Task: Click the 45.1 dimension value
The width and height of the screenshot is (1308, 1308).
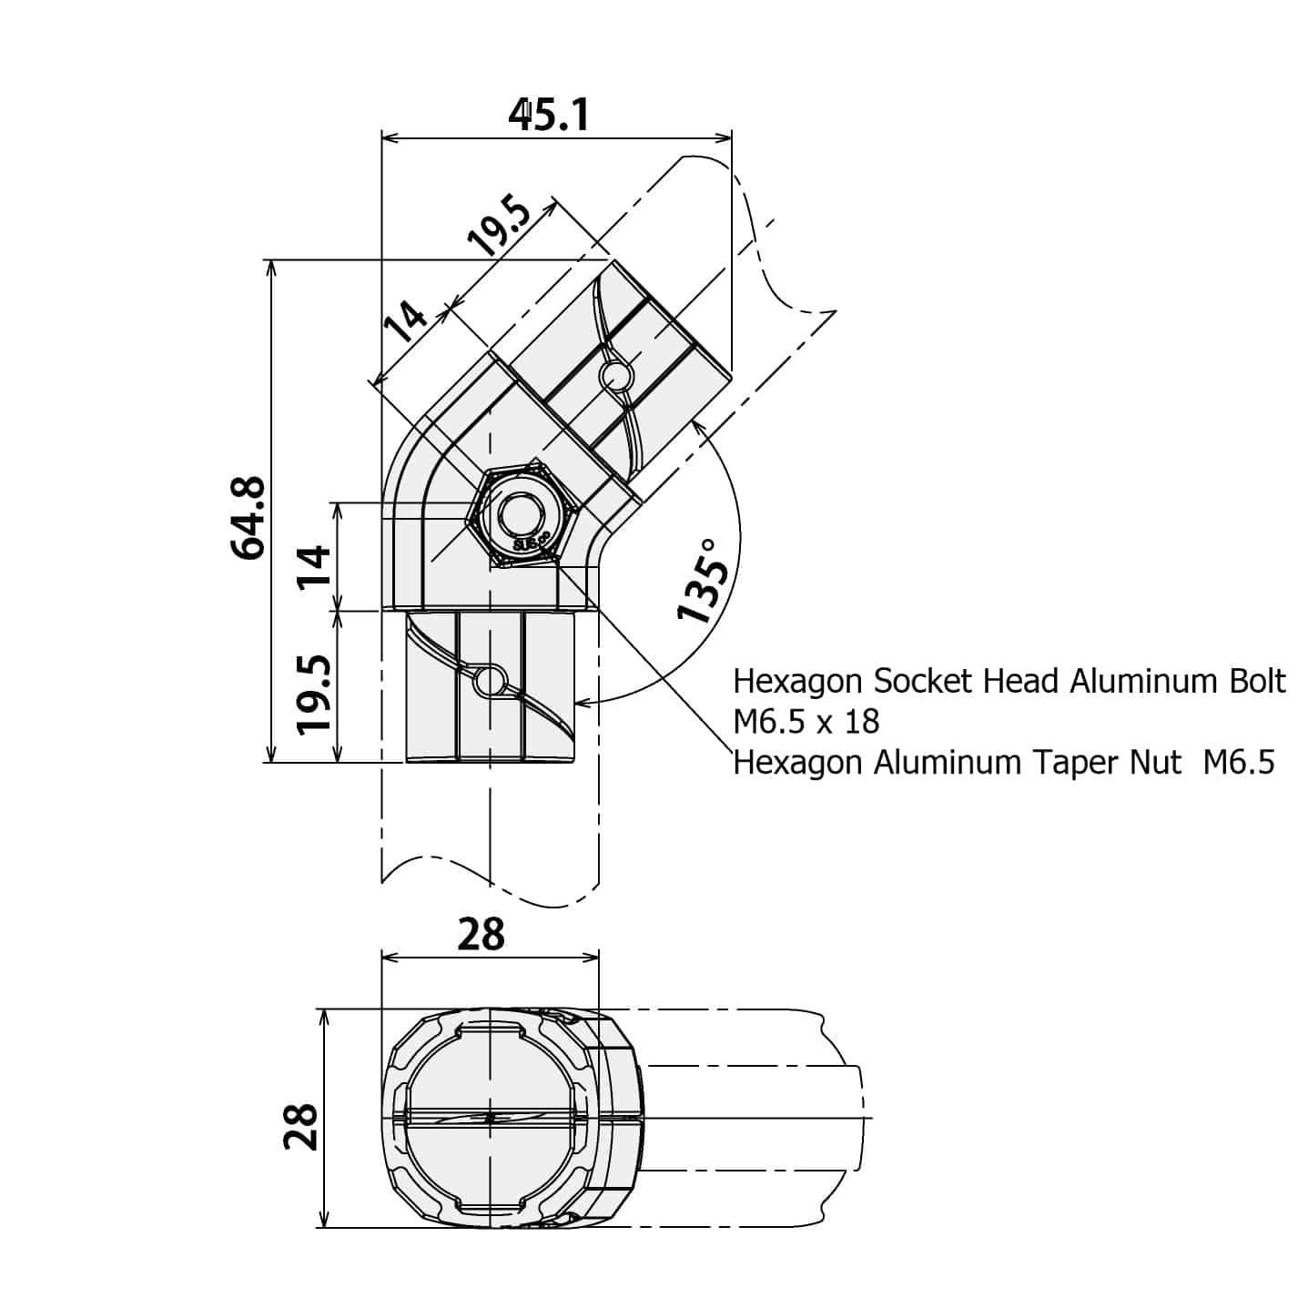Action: click(x=549, y=115)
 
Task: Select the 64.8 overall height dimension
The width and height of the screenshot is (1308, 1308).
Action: click(x=248, y=516)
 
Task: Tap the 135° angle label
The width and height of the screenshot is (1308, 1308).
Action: click(x=705, y=580)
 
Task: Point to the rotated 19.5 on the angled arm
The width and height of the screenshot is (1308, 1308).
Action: click(x=498, y=226)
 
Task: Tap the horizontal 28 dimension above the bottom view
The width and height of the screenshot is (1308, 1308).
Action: click(x=481, y=934)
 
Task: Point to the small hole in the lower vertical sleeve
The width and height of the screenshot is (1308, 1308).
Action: click(x=490, y=680)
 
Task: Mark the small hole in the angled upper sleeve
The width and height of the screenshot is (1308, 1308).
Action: click(x=615, y=375)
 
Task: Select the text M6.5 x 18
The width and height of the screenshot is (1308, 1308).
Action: click(x=806, y=722)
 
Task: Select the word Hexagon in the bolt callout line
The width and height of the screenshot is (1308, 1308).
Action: click(x=798, y=681)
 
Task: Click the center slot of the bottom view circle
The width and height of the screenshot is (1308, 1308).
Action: click(x=490, y=1118)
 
